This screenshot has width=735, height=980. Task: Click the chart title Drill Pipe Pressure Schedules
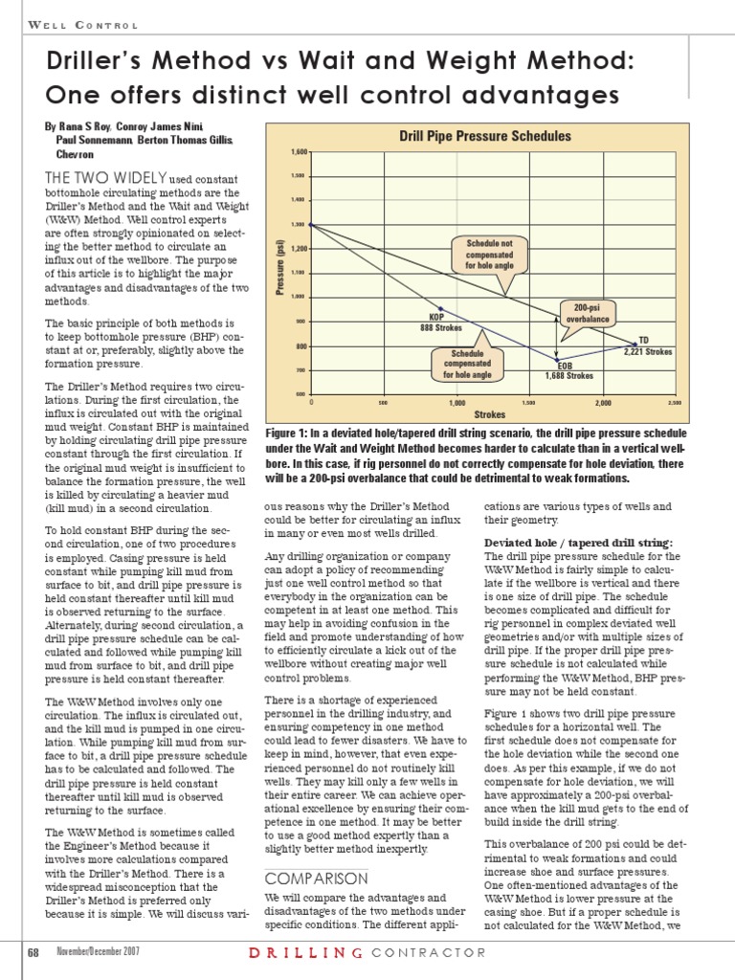click(484, 137)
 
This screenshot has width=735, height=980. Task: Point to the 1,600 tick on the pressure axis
click(299, 153)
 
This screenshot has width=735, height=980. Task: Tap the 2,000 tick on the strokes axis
click(602, 403)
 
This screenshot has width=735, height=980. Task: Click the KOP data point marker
click(442, 309)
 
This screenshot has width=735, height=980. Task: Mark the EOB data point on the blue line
click(557, 359)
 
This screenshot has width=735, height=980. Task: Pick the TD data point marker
click(634, 343)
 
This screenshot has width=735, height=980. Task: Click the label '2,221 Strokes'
click(648, 351)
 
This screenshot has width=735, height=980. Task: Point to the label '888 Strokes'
click(441, 327)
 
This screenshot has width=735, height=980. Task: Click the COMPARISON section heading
click(302, 878)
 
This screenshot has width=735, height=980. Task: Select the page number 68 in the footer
click(33, 952)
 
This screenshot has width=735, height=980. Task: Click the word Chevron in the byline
click(74, 153)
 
